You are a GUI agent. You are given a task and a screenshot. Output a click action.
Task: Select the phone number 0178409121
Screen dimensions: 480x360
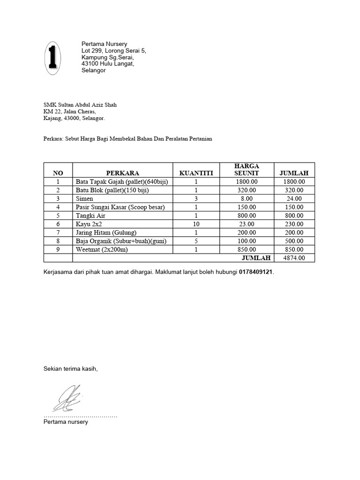pyautogui.click(x=255, y=272)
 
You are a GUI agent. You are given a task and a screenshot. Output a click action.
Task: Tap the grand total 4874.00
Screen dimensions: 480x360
pyautogui.click(x=294, y=258)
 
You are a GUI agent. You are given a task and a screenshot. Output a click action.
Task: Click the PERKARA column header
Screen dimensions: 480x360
pyautogui.click(x=122, y=173)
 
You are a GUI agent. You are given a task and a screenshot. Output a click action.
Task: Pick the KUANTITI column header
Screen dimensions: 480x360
pyautogui.click(x=196, y=173)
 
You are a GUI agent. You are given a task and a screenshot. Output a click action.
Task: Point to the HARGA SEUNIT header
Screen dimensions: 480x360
pyautogui.click(x=246, y=170)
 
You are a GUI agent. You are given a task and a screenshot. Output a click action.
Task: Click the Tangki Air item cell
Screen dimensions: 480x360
pyautogui.click(x=90, y=216)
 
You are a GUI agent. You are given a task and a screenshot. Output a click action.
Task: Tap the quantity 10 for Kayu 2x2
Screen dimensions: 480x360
pyautogui.click(x=196, y=224)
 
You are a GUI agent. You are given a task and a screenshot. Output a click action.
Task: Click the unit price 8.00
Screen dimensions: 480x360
pyautogui.click(x=246, y=199)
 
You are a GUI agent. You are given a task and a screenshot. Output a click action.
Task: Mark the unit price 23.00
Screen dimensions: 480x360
pyautogui.click(x=246, y=224)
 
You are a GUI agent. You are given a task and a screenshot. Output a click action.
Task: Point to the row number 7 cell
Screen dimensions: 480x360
pyautogui.click(x=58, y=232)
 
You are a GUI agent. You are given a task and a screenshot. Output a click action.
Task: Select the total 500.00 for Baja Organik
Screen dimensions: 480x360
pyautogui.click(x=294, y=241)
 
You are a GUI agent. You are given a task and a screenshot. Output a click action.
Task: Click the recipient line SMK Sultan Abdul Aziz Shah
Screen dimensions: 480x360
pyautogui.click(x=80, y=105)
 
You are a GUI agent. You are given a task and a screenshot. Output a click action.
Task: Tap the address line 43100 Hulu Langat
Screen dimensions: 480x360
pyautogui.click(x=107, y=64)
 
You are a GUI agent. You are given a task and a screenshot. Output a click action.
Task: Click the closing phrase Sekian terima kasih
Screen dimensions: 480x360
pyautogui.click(x=70, y=369)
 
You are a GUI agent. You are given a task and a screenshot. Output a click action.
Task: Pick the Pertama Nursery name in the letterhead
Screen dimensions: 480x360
pyautogui.click(x=104, y=44)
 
